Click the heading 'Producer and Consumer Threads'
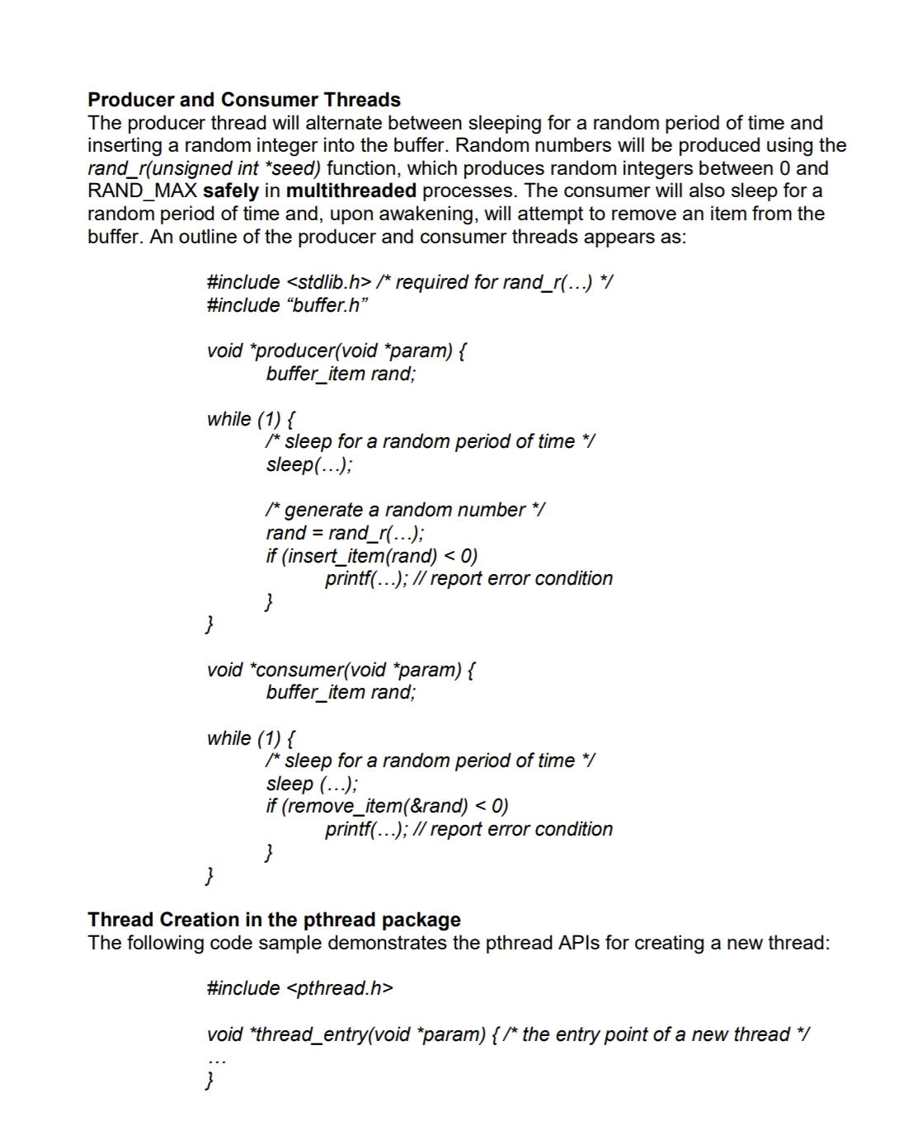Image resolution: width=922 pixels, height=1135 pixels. point(244,100)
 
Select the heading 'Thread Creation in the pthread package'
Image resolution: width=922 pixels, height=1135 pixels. point(274,920)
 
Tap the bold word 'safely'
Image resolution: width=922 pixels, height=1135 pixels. point(230,191)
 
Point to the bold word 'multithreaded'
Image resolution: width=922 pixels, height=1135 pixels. point(350,191)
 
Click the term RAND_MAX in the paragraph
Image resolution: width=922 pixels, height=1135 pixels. point(142,191)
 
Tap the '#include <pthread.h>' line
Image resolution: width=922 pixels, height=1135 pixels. point(299,988)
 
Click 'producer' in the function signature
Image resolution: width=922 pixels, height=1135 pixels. point(295,351)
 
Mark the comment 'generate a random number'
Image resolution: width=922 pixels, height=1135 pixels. point(404,511)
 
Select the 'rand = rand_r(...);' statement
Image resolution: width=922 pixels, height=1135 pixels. point(345,533)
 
